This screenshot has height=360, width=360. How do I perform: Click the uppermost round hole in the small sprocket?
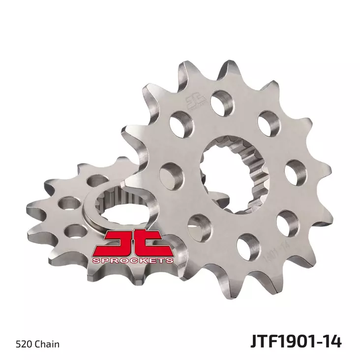tap(92, 182)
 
